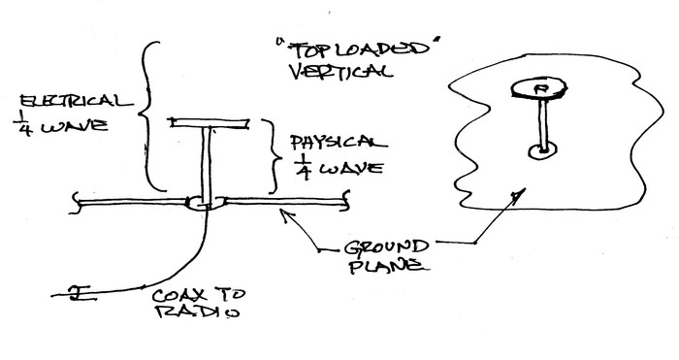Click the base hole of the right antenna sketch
(x=541, y=149)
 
